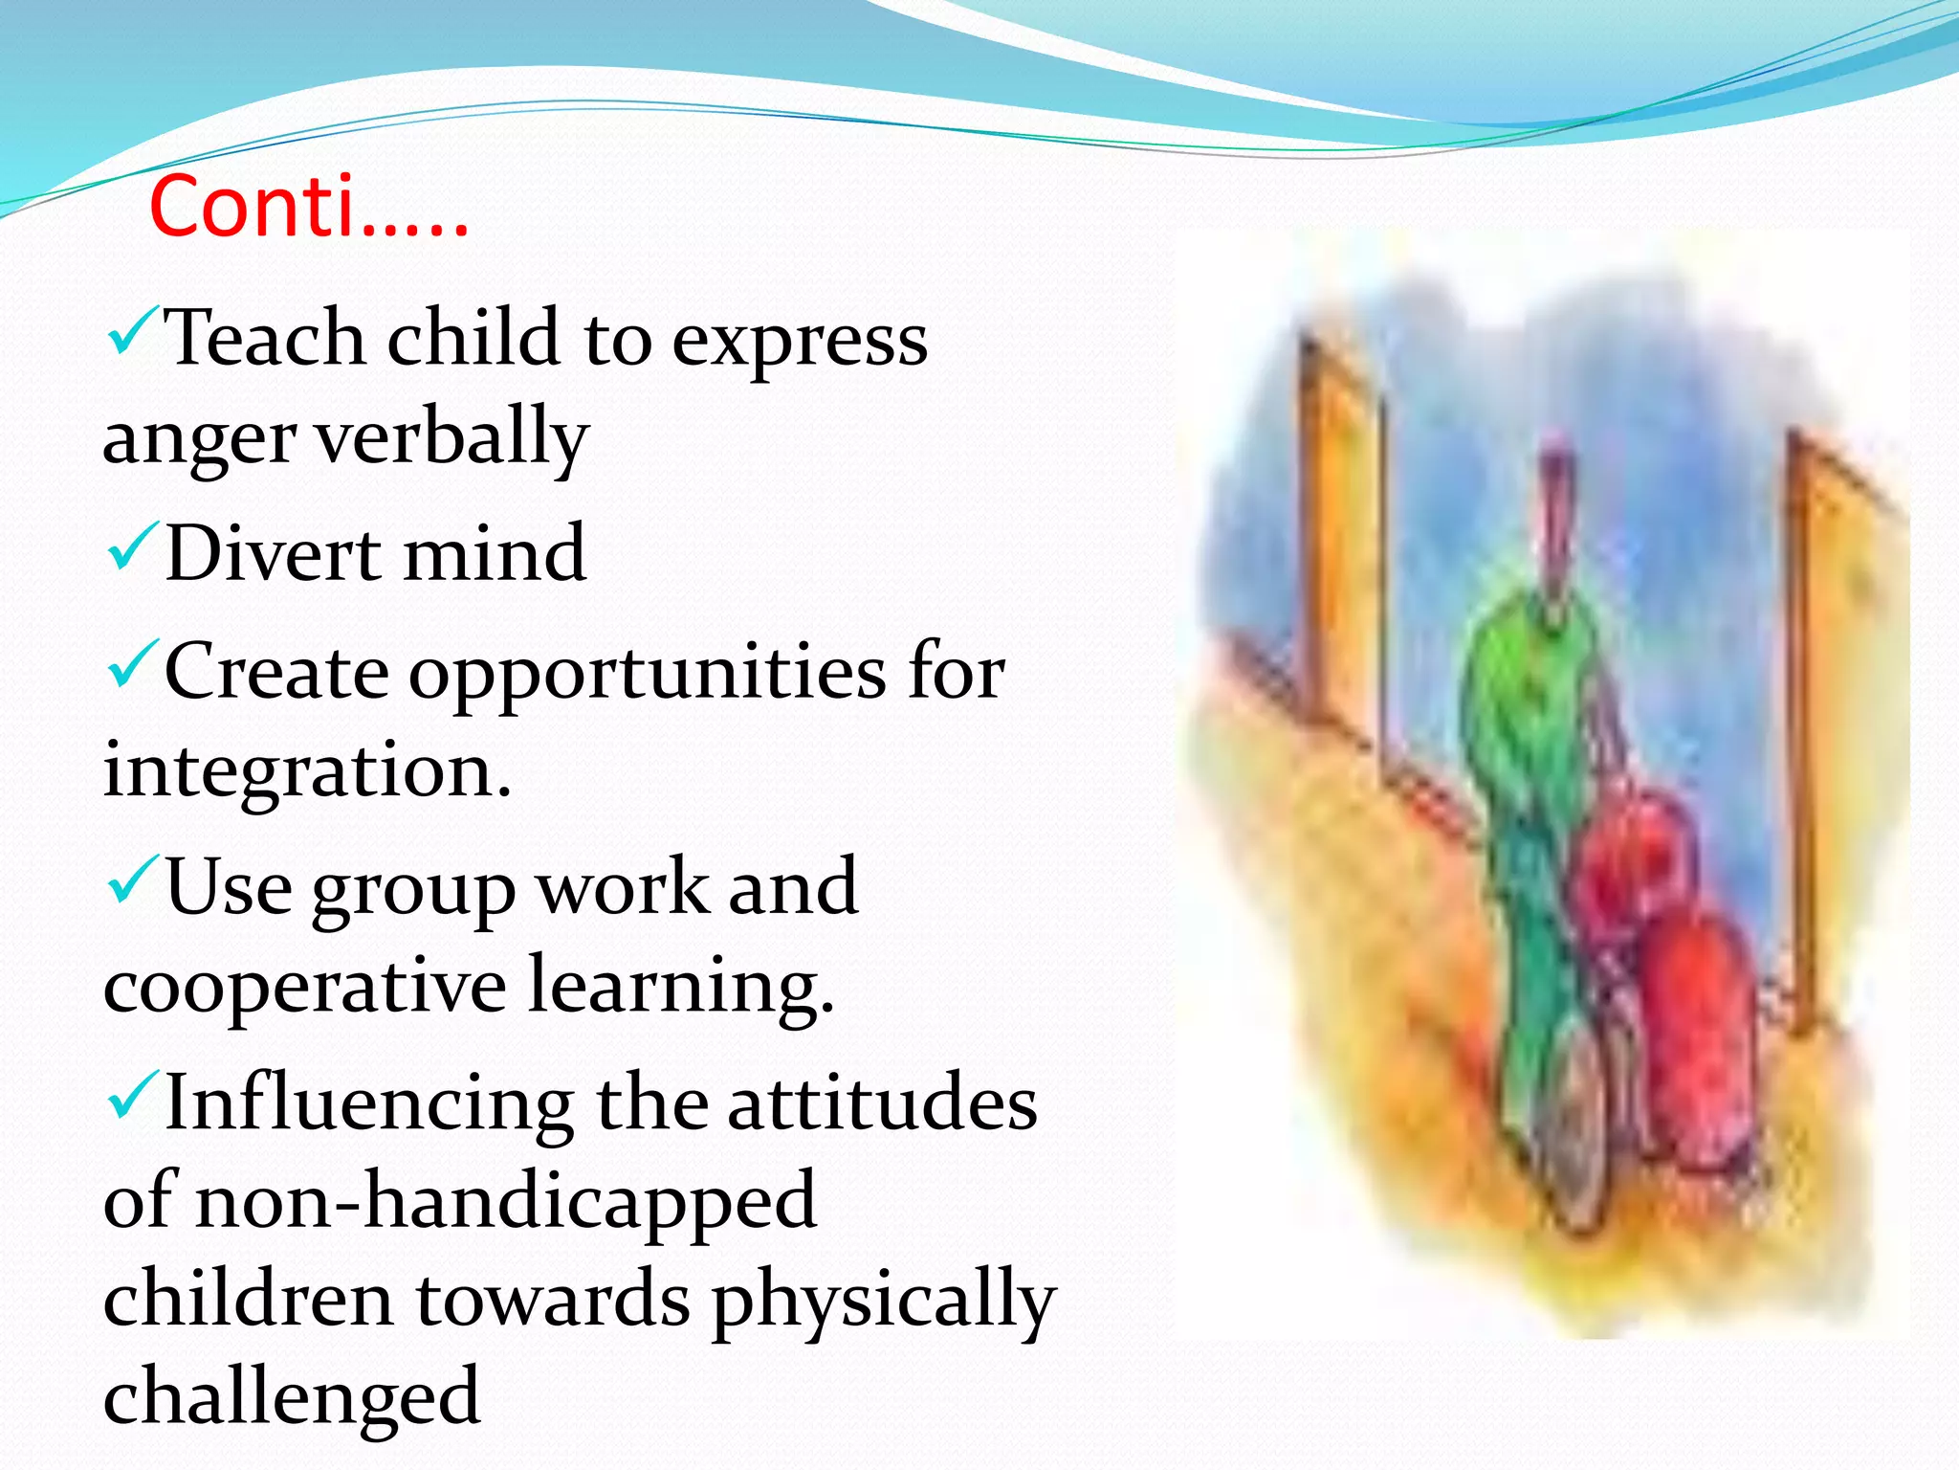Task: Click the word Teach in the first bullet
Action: pos(265,340)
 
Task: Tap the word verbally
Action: pos(451,437)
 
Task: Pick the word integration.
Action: pos(306,771)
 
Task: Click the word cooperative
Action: pos(303,987)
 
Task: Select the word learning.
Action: pos(681,987)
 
